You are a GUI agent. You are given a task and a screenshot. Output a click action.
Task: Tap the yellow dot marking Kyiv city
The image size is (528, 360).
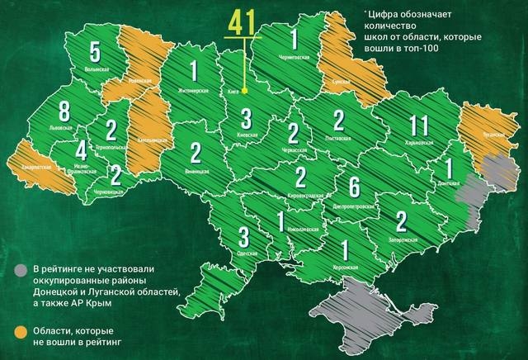pyautogui.click(x=245, y=104)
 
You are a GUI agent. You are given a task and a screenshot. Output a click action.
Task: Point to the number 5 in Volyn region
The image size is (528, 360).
pyautogui.click(x=96, y=52)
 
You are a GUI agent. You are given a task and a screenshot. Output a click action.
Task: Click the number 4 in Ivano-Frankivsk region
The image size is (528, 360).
pyautogui.click(x=80, y=151)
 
